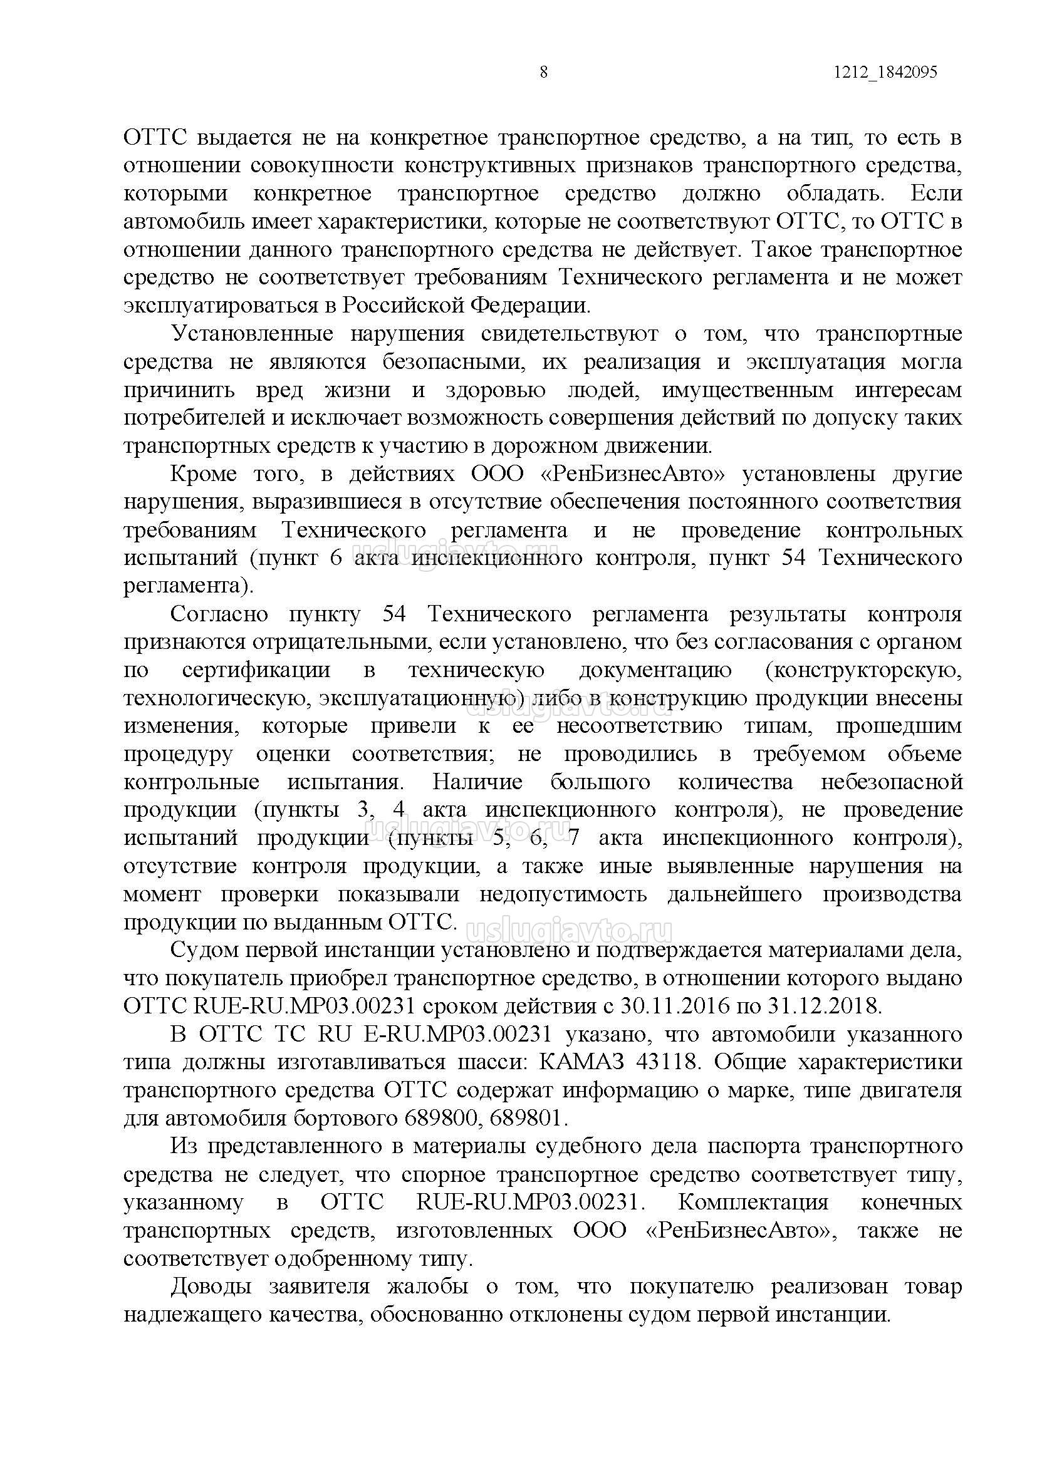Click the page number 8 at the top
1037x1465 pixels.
543,72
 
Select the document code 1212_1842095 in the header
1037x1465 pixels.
885,72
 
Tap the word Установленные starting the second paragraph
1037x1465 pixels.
253,334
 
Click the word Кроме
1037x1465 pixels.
202,474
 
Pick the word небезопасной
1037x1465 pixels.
892,782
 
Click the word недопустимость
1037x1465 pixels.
563,894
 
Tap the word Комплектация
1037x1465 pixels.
754,1203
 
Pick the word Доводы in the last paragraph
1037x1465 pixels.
207,1287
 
